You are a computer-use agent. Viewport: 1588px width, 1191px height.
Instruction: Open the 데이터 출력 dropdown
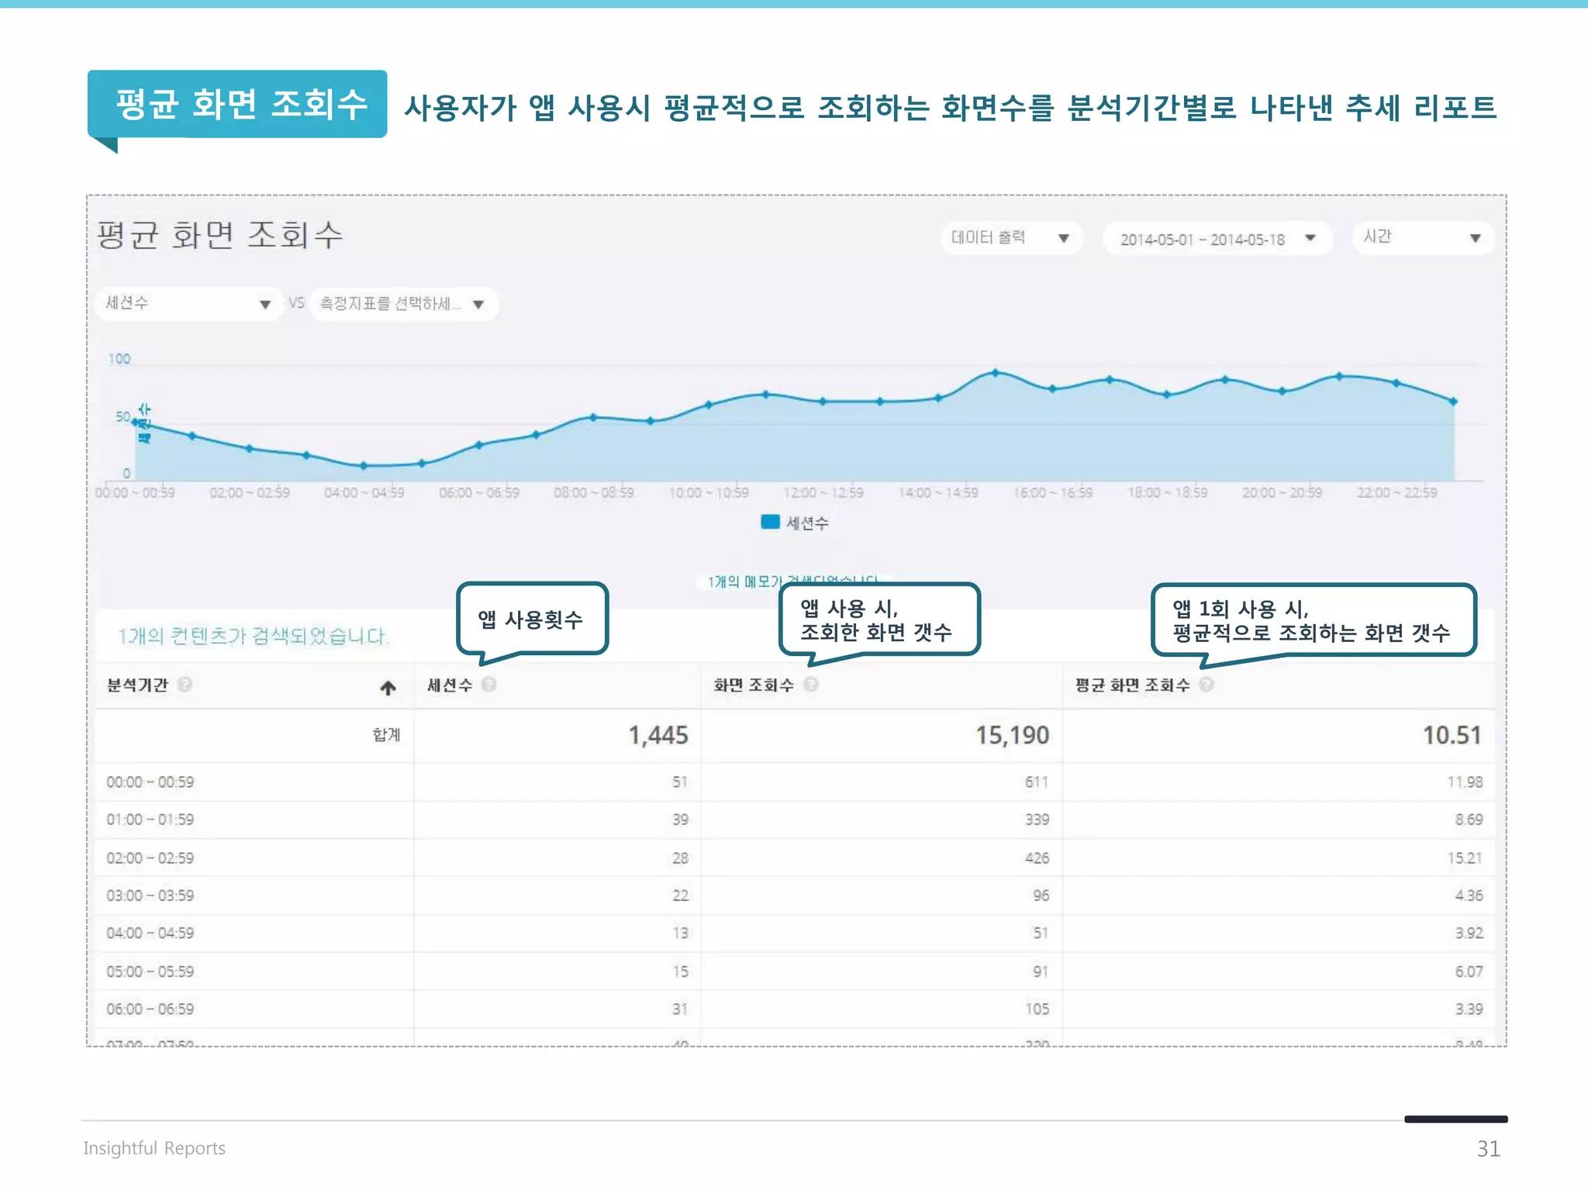1010,238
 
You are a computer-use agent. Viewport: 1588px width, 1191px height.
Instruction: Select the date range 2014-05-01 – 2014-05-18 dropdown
1216,239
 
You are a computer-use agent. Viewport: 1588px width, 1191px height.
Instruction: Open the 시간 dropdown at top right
1422,237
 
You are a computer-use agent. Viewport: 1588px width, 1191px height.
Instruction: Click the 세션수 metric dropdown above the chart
188,303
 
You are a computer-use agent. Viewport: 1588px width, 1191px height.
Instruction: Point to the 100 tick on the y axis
119,359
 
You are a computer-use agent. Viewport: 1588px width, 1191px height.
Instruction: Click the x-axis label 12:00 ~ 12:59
823,493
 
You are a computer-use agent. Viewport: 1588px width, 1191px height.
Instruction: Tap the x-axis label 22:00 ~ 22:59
1396,493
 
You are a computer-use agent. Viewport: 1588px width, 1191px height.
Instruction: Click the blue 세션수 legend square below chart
770,522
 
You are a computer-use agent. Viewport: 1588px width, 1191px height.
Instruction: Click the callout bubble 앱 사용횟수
531,619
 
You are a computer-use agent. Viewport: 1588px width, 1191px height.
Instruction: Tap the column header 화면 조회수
754,685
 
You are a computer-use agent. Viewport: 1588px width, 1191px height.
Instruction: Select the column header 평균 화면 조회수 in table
1132,685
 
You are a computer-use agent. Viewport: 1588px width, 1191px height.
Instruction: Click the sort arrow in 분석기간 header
388,688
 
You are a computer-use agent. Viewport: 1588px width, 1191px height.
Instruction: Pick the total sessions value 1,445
658,735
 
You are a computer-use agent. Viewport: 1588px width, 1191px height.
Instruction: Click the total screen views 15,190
1012,735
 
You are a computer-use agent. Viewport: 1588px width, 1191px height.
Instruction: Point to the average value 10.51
1452,735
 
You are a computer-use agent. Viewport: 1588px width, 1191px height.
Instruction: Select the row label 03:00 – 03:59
150,896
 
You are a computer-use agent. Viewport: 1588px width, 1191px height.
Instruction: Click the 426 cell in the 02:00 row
1037,858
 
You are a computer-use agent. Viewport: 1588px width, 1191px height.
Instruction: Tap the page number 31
1488,1148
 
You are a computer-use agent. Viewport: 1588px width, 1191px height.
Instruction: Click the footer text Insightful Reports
154,1148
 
